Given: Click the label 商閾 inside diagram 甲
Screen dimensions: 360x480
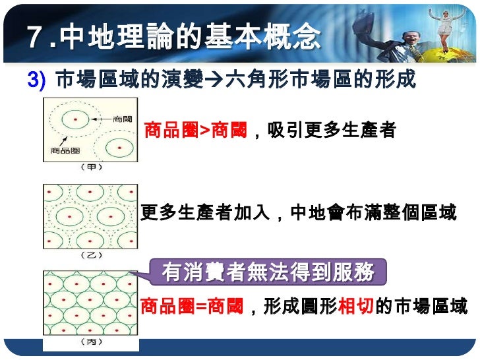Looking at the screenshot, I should [x=123, y=119].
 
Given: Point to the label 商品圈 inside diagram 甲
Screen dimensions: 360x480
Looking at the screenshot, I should [x=63, y=150].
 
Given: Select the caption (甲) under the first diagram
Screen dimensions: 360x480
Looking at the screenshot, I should [x=90, y=167].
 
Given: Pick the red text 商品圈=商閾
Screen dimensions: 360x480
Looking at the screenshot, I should [x=192, y=307].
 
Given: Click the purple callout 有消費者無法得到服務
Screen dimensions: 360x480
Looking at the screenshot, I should [x=268, y=272].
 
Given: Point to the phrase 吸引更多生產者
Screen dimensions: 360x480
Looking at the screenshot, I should [x=332, y=131].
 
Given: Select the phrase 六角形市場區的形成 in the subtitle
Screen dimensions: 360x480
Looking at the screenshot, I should [x=320, y=80].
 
